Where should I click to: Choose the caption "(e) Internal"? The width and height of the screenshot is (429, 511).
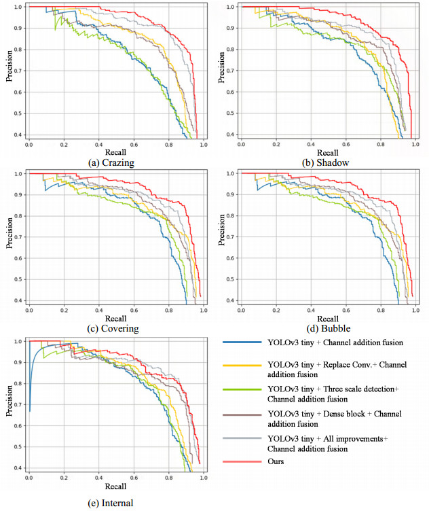click(x=111, y=504)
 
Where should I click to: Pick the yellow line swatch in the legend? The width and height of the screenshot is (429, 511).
click(x=239, y=365)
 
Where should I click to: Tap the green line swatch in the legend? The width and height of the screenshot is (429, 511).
click(x=239, y=389)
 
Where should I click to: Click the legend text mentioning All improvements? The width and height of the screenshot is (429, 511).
click(x=328, y=444)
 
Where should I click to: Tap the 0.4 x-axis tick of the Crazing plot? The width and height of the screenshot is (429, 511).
click(x=99, y=144)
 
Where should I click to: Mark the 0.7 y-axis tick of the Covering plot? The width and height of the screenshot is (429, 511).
click(x=17, y=236)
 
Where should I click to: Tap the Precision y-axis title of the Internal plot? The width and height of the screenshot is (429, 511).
click(x=9, y=403)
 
